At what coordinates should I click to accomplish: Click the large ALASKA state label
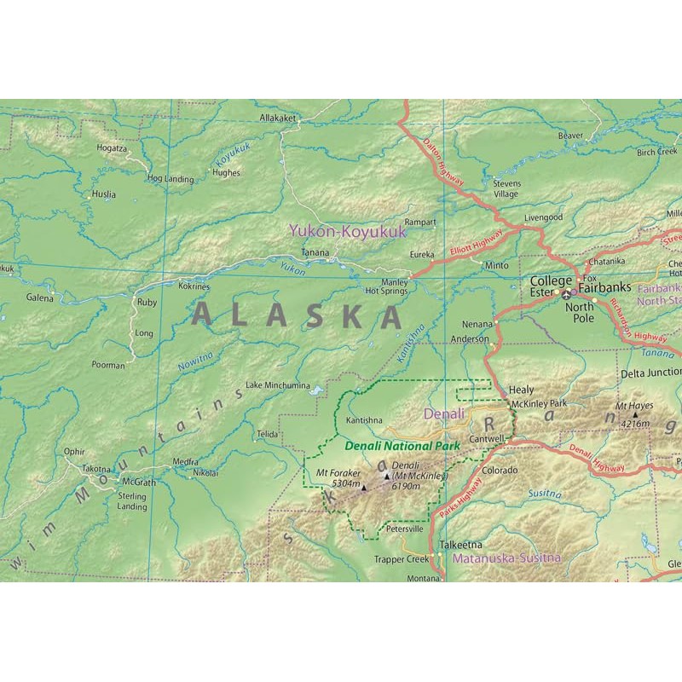click(x=297, y=315)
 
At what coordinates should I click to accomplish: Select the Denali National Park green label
click(x=402, y=445)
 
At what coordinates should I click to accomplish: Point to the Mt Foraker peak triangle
click(x=364, y=488)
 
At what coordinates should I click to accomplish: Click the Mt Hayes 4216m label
click(x=633, y=417)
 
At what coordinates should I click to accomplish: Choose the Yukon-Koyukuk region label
click(x=347, y=230)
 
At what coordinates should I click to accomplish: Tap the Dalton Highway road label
click(x=444, y=164)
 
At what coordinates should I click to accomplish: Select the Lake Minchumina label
click(x=277, y=385)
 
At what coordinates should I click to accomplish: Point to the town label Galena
click(x=39, y=298)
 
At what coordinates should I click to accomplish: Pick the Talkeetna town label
click(x=460, y=544)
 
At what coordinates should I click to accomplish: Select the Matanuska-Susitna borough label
click(x=506, y=558)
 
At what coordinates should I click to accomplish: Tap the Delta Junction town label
click(x=650, y=373)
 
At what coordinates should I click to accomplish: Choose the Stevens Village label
click(x=505, y=188)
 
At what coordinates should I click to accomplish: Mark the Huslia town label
click(x=103, y=194)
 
